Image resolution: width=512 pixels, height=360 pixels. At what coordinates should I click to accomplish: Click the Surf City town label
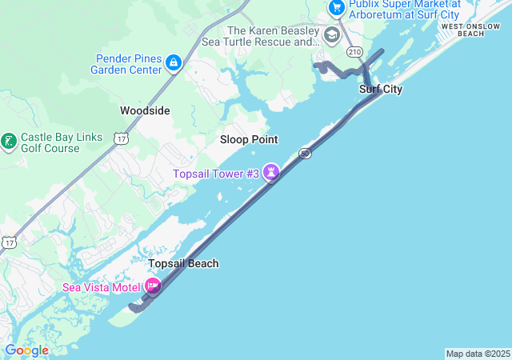[381, 89]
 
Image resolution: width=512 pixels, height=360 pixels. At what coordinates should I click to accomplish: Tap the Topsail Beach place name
[183, 263]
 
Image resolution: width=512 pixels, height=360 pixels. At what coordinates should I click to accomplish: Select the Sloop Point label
[249, 139]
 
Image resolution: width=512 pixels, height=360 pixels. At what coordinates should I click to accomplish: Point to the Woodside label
[145, 110]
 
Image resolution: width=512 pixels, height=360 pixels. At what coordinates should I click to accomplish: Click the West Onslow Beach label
[474, 30]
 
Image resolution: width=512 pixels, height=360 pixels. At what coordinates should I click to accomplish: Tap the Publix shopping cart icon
[336, 7]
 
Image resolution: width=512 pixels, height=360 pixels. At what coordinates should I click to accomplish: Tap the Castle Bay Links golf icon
[9, 142]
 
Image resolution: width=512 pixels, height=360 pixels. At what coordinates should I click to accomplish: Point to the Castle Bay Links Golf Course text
[61, 142]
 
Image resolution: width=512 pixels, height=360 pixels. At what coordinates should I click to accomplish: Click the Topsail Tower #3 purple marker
[272, 172]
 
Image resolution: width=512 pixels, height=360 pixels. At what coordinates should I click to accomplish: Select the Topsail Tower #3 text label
[216, 173]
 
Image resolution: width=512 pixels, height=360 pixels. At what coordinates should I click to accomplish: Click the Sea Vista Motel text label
[102, 286]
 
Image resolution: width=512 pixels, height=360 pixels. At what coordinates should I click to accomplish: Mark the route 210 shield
[354, 52]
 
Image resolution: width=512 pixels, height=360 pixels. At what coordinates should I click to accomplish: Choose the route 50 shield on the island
[306, 153]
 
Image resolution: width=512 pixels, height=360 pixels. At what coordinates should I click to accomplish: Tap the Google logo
[26, 350]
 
